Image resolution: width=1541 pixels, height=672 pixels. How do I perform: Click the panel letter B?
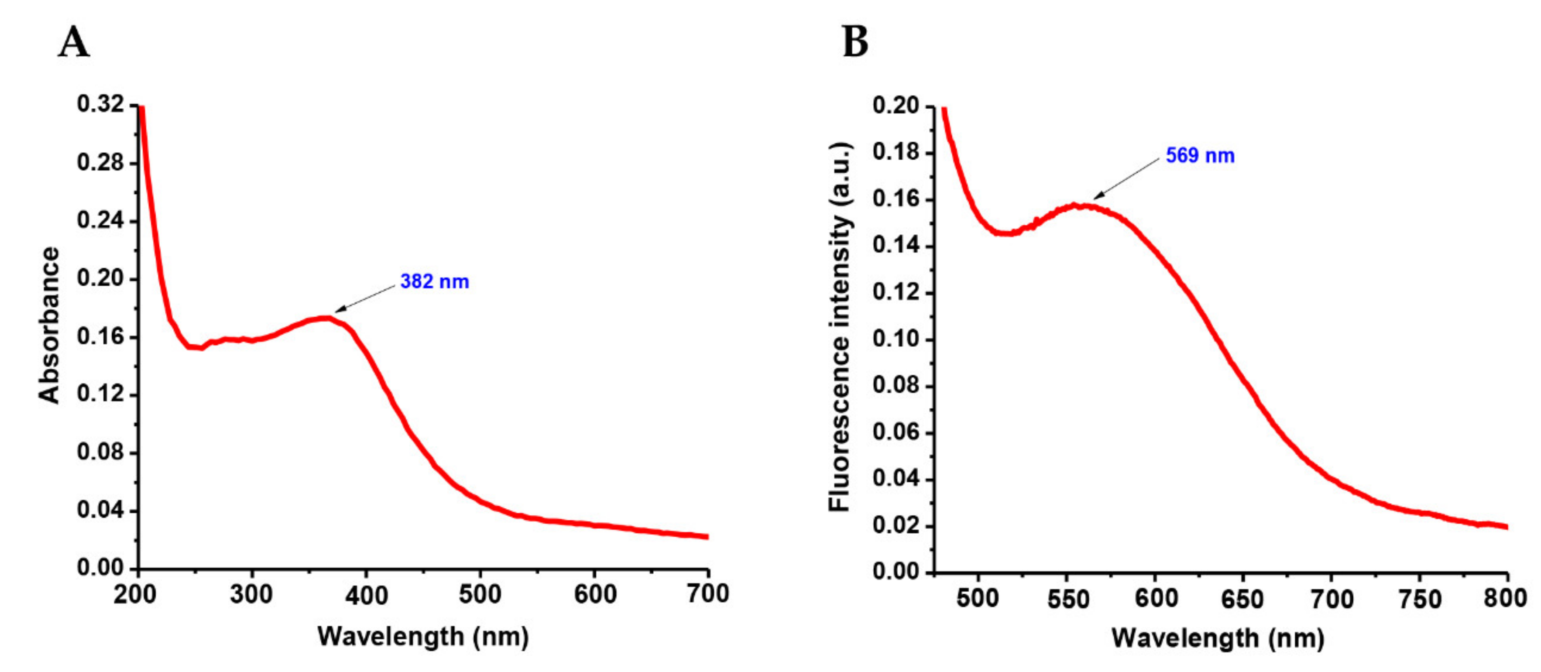coord(855,42)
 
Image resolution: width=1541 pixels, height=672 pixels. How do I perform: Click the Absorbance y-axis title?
coord(49,326)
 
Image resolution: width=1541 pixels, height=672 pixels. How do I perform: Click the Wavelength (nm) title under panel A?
coord(423,636)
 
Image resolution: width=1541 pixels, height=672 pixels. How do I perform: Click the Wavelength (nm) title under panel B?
coord(1218,638)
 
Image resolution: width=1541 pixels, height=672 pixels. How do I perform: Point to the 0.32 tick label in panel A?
coord(100,104)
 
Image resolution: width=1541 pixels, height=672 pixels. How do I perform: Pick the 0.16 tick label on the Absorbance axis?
coord(100,337)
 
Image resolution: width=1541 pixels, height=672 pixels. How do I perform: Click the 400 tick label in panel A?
coord(366,595)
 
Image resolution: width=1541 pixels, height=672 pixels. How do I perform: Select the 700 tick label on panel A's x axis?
coord(708,593)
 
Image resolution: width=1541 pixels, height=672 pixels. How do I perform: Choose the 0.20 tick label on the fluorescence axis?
coord(896,106)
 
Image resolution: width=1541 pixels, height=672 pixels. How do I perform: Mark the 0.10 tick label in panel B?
coord(896,339)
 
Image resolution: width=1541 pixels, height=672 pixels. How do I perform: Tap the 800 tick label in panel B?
coord(1505,598)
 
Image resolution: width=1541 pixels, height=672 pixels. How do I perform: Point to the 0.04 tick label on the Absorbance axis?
coord(100,511)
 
